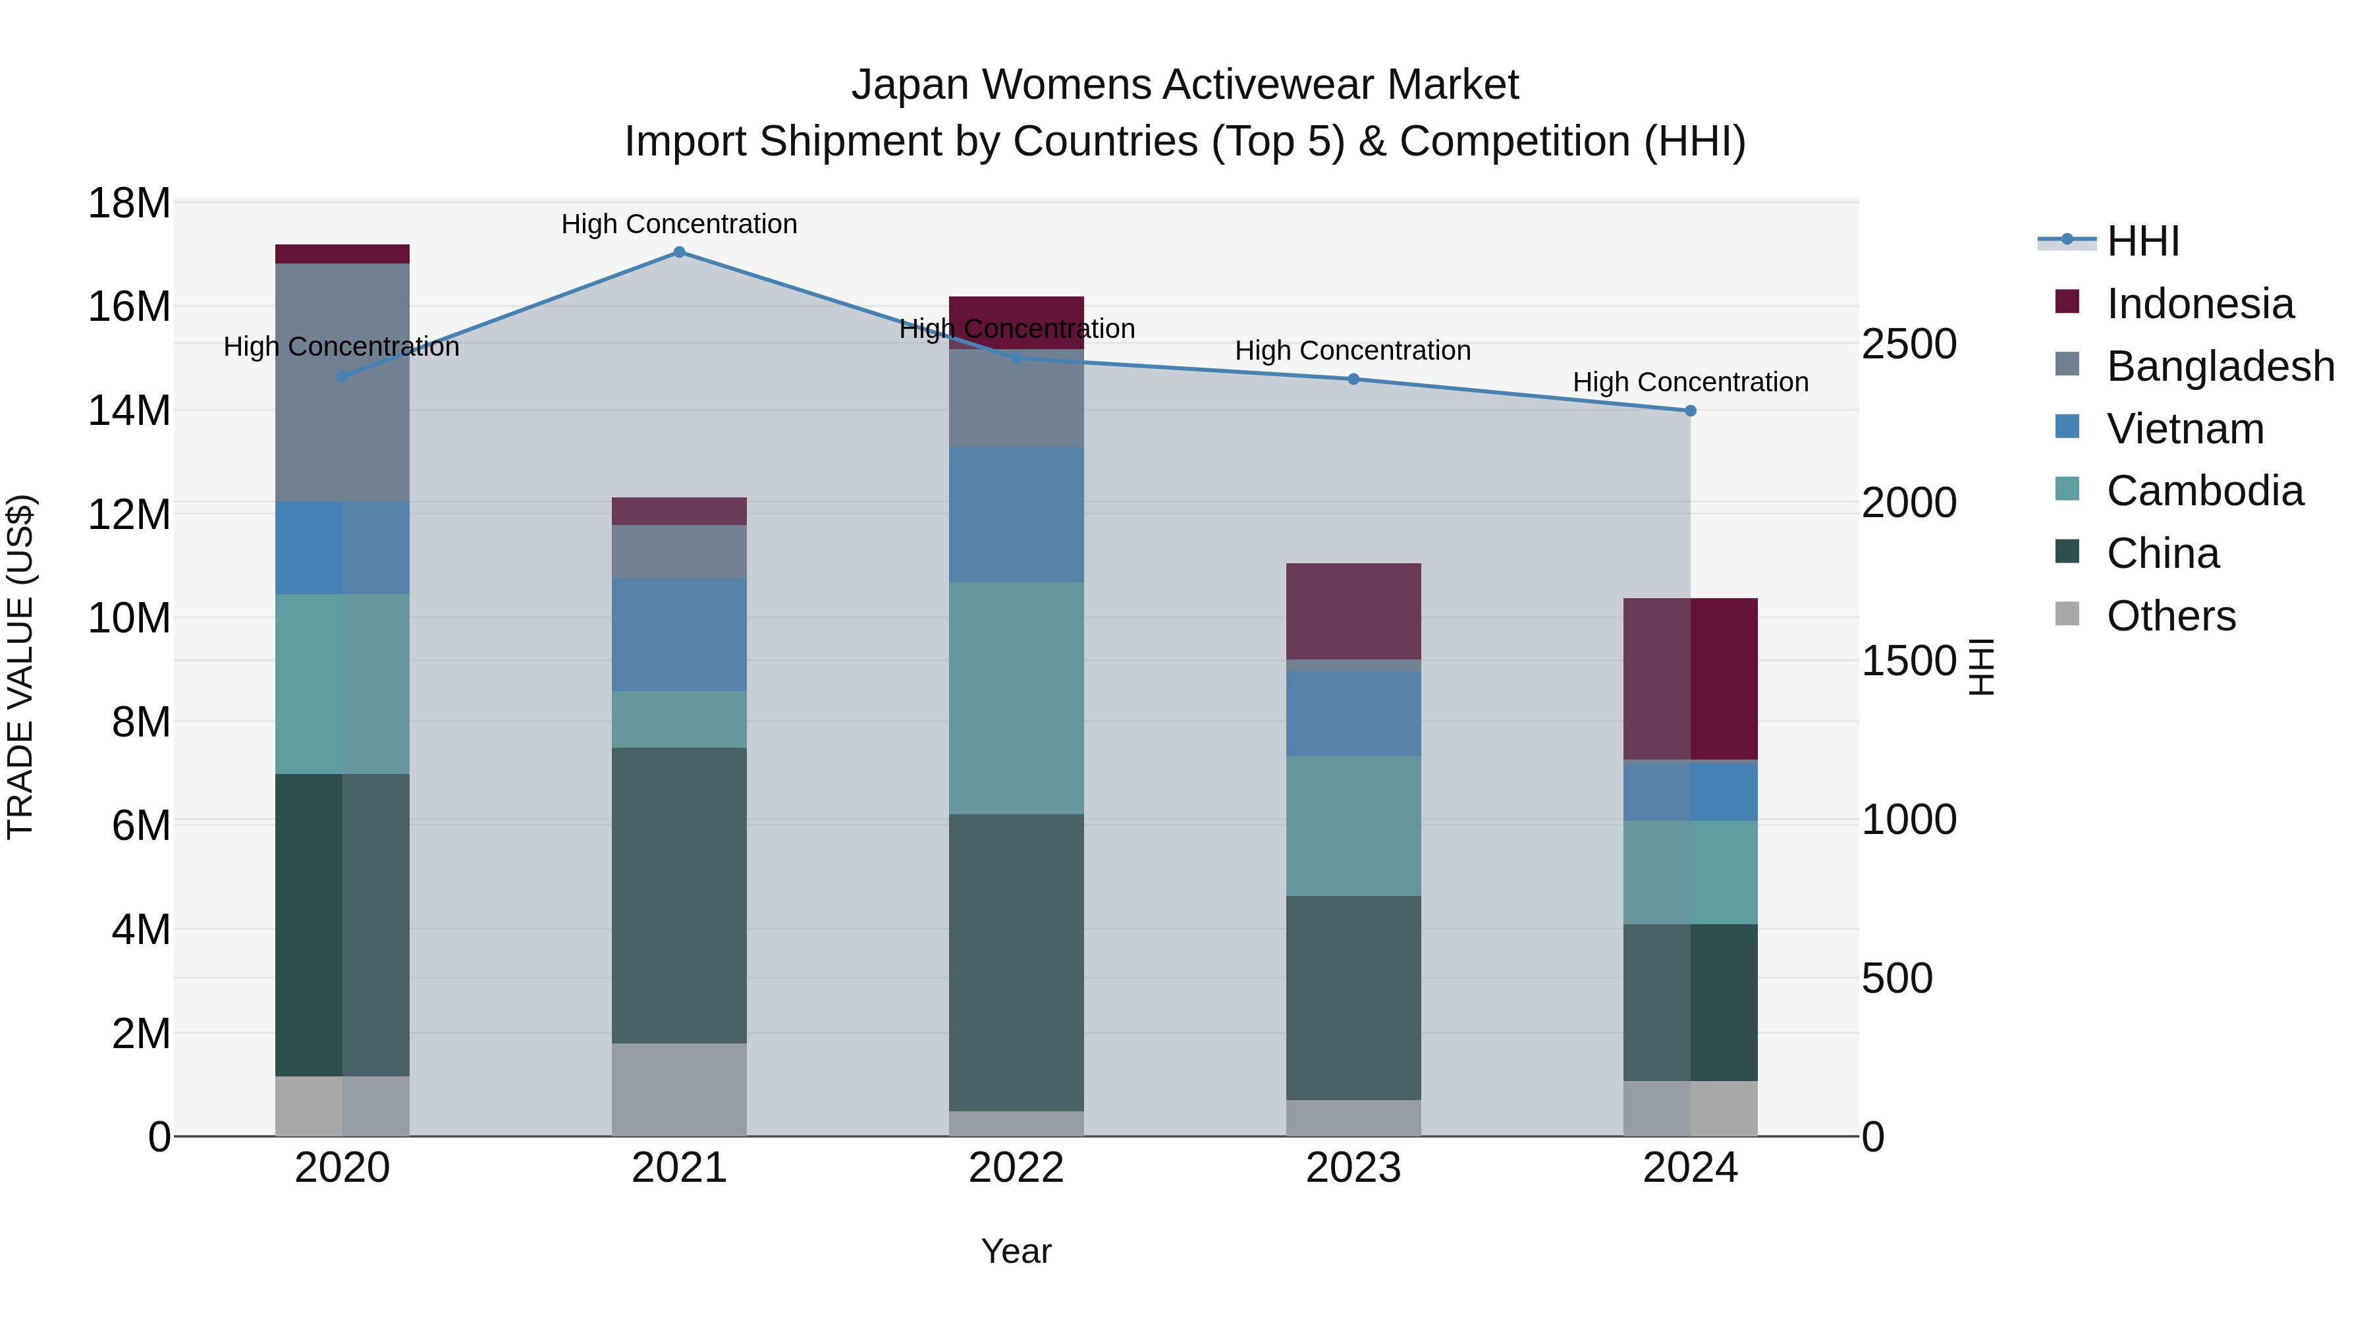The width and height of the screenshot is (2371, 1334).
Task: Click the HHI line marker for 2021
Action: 679,252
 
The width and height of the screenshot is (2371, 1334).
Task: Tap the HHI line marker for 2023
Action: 1353,379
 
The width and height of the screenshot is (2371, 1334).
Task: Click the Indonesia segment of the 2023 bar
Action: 1353,611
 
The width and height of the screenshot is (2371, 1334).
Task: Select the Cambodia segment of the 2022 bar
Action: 1016,698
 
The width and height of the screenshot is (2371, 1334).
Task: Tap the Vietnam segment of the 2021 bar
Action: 679,635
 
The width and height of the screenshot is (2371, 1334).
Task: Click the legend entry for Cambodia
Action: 2204,491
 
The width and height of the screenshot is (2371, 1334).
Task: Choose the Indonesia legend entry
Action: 2200,304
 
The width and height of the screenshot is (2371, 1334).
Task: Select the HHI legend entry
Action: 2142,241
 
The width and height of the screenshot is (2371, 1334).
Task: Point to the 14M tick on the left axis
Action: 129,410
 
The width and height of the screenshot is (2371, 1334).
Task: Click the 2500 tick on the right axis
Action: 1909,345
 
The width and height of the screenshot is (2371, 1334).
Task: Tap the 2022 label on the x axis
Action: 1016,1168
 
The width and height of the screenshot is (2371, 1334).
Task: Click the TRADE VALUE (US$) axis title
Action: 20,667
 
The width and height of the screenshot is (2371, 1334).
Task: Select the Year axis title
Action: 1016,1251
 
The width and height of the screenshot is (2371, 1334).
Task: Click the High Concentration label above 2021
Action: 679,224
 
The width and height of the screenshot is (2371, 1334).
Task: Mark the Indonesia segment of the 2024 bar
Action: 1690,679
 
